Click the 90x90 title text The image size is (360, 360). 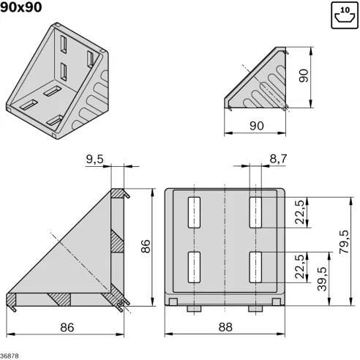click(x=31, y=8)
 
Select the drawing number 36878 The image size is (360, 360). click(x=10, y=356)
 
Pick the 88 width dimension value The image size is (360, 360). click(x=225, y=329)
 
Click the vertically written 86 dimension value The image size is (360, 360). click(x=146, y=247)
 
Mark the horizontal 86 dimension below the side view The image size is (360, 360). click(x=67, y=329)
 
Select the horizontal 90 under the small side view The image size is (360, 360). click(x=256, y=126)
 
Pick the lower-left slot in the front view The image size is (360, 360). click(x=195, y=267)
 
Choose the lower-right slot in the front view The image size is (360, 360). click(x=255, y=267)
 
